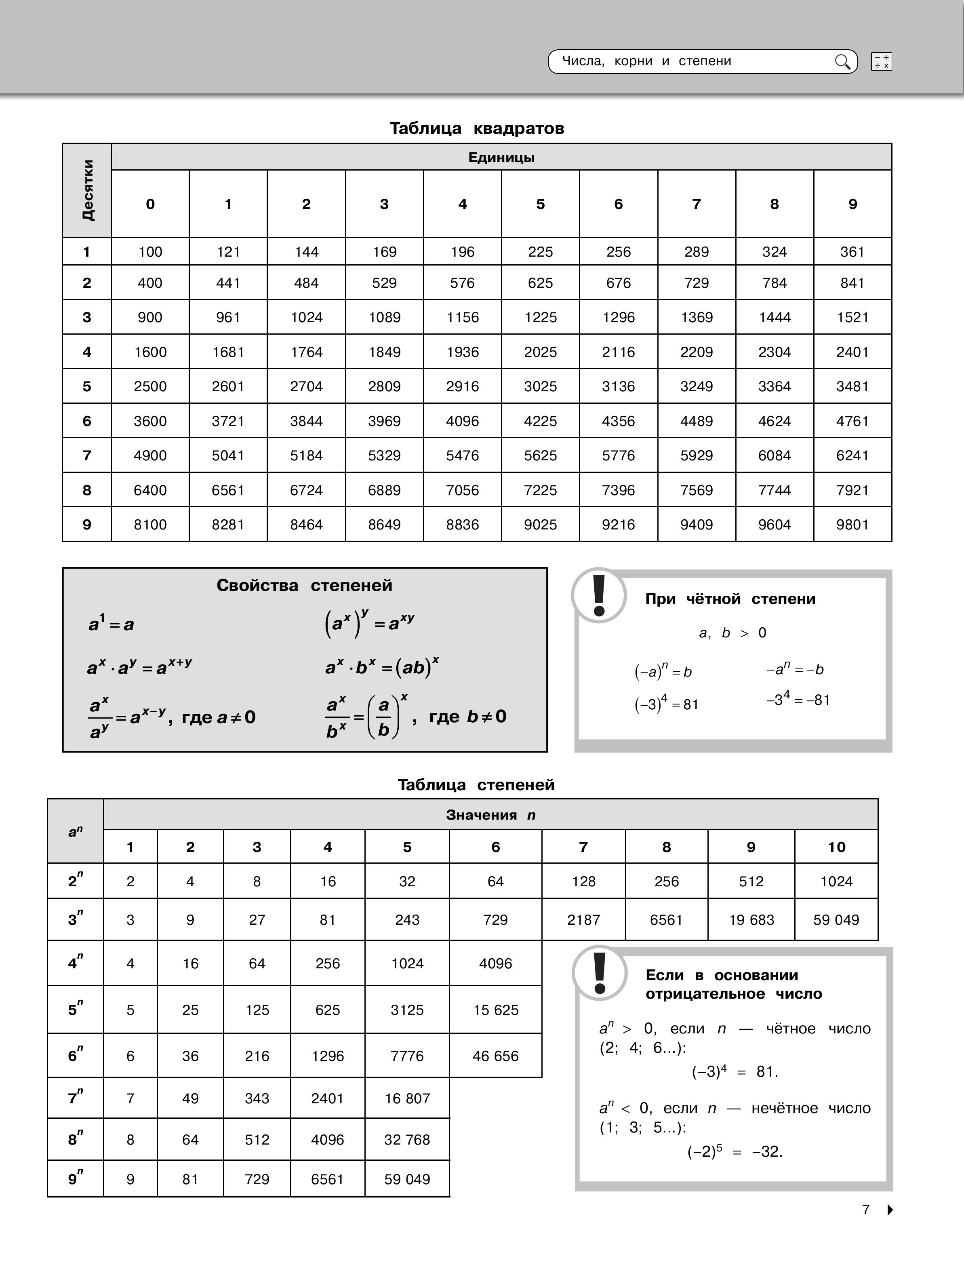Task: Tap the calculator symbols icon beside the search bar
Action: point(881,61)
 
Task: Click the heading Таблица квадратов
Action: point(477,128)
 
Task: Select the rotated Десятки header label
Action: point(87,190)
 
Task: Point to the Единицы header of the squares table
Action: point(501,157)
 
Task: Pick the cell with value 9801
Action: point(852,525)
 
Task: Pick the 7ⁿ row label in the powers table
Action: point(75,1098)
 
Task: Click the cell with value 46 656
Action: point(495,1056)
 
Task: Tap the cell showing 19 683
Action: point(751,920)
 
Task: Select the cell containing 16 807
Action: point(407,1098)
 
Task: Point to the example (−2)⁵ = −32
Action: point(735,1152)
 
